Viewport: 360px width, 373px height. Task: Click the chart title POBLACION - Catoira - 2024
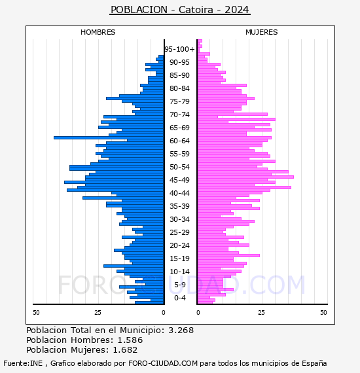click(180, 10)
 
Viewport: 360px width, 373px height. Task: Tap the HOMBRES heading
click(98, 32)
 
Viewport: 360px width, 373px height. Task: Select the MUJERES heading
click(262, 32)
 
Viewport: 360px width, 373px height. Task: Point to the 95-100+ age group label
click(179, 49)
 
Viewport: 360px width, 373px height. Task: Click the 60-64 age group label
click(179, 141)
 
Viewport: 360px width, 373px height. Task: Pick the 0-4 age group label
click(180, 298)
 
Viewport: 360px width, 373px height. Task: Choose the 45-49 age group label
click(179, 180)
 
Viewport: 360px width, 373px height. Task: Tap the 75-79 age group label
click(179, 101)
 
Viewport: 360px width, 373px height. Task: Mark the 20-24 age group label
click(179, 245)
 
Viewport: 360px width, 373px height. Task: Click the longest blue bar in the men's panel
click(109, 137)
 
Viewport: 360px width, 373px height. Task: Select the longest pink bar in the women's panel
click(245, 177)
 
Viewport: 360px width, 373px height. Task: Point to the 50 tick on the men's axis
click(36, 313)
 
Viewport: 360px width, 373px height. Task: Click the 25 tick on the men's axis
click(98, 313)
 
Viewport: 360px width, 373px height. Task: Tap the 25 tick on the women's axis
click(262, 313)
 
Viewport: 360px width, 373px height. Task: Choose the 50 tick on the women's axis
click(323, 313)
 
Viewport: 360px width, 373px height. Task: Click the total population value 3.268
click(181, 330)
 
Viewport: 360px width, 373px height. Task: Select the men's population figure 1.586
click(130, 340)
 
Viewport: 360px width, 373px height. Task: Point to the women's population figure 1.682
click(125, 349)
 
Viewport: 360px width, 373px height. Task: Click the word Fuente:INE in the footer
click(23, 363)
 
